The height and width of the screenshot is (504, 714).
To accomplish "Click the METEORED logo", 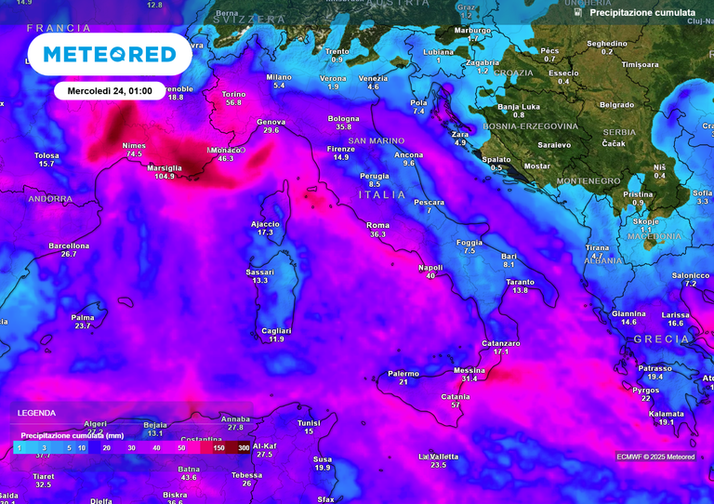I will tap(110, 54).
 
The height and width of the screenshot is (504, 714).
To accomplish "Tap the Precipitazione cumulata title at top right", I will tap(642, 13).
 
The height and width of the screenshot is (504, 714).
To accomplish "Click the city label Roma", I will tap(377, 225).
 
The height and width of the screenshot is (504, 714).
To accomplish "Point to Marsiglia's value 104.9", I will tap(165, 176).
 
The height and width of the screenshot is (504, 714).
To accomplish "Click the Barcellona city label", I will tap(69, 245).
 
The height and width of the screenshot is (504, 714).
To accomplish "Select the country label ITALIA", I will tap(382, 194).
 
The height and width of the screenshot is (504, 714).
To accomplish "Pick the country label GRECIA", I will tap(661, 339).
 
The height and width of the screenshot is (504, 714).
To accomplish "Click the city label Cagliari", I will tap(276, 330).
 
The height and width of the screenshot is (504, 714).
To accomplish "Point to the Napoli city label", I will tap(430, 267).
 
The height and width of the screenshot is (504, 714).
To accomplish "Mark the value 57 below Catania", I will tap(456, 405).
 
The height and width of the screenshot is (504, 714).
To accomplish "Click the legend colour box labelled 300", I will tap(243, 448).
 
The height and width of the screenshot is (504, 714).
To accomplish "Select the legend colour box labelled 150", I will tap(219, 448).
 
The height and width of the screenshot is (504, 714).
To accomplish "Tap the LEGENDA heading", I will tap(36, 413).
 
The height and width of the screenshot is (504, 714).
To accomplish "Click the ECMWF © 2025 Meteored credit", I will tap(655, 457).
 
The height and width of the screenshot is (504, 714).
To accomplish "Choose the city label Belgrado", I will tap(617, 105).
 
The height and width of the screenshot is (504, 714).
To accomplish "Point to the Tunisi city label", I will tap(309, 422).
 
